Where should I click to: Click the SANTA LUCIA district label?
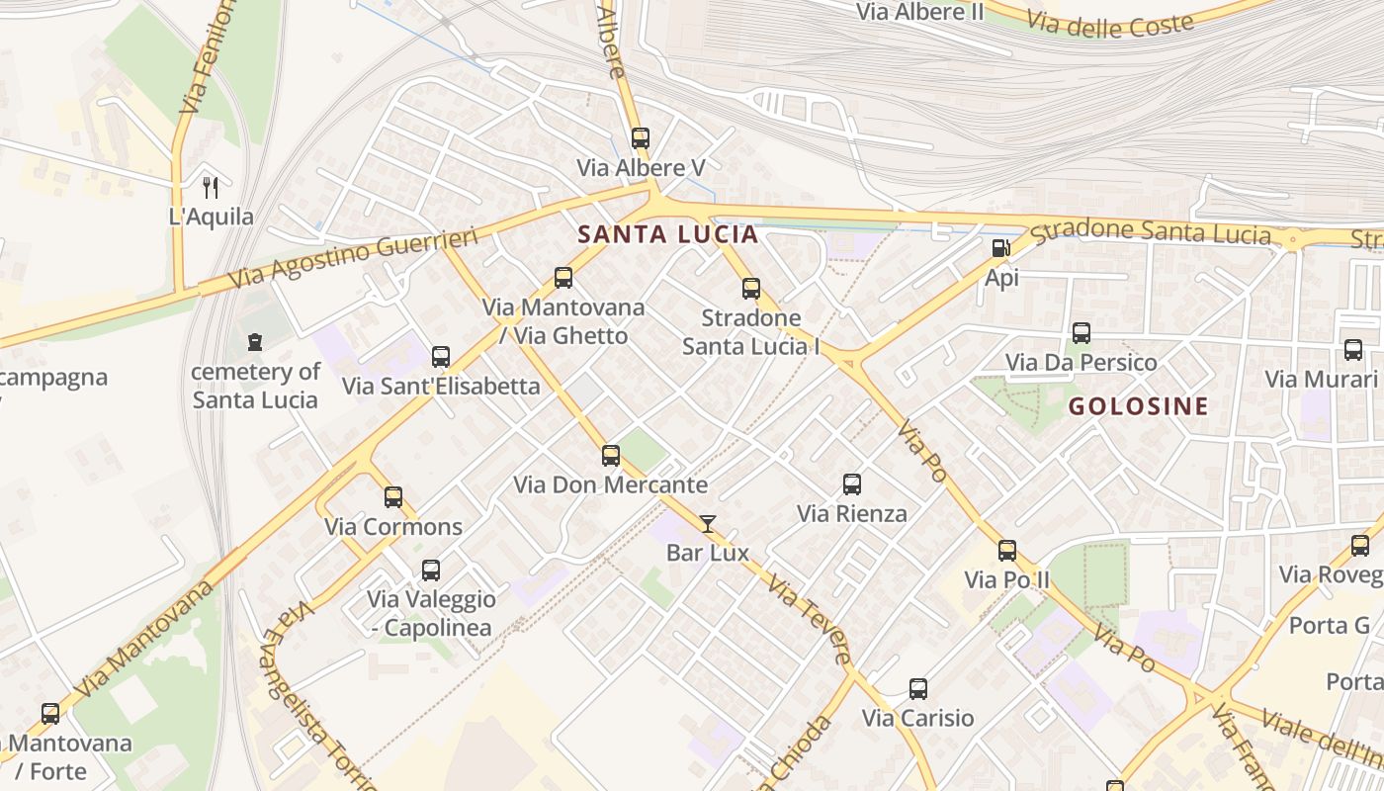click(667, 234)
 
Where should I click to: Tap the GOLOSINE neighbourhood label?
click(1138, 406)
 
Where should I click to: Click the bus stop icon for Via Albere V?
click(640, 138)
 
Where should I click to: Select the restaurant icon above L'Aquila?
click(210, 187)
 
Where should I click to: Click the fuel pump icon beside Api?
click(1000, 248)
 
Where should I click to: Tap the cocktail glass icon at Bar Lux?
click(707, 524)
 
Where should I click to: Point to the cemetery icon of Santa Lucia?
click(255, 343)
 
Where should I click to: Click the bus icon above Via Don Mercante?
click(611, 456)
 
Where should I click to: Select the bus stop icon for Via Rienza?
click(851, 484)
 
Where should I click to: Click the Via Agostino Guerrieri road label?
click(353, 258)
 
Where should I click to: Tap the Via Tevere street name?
click(809, 620)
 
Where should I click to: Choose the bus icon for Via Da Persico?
click(1081, 333)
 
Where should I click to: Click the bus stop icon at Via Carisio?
click(917, 689)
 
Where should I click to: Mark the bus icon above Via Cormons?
click(393, 497)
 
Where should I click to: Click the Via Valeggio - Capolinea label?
click(431, 613)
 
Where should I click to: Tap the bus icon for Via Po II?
click(1006, 551)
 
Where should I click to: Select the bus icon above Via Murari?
click(1352, 350)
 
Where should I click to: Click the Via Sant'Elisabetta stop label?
click(441, 386)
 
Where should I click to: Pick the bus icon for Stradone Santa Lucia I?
click(750, 289)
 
